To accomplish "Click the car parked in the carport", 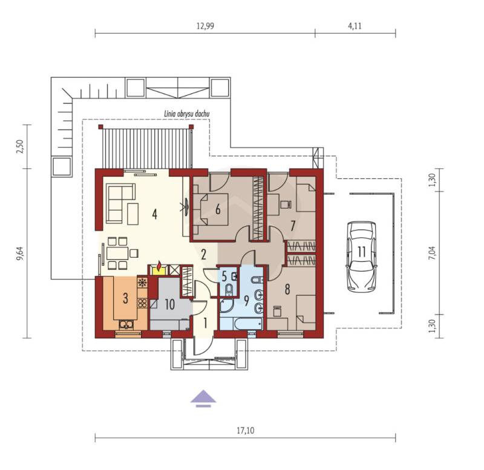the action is (x=361, y=256).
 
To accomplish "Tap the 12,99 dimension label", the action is (x=205, y=26).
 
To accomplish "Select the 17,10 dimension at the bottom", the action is (x=246, y=430).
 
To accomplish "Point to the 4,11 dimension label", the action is (x=355, y=26).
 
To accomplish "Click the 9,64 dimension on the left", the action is (x=21, y=253).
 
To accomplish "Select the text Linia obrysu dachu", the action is (x=187, y=114).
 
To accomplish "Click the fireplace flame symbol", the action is (x=159, y=266).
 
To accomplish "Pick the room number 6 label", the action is (x=218, y=209).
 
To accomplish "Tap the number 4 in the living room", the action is (x=155, y=214).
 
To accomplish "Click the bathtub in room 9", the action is (x=248, y=324).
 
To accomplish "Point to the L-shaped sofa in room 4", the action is (x=120, y=203).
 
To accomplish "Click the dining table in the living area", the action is (x=117, y=253).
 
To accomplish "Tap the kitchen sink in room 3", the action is (x=126, y=325).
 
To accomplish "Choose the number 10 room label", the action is (x=169, y=305).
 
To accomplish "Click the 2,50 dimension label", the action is (x=21, y=146).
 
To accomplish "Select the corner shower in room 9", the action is (x=226, y=305).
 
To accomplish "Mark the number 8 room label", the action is (x=287, y=290).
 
